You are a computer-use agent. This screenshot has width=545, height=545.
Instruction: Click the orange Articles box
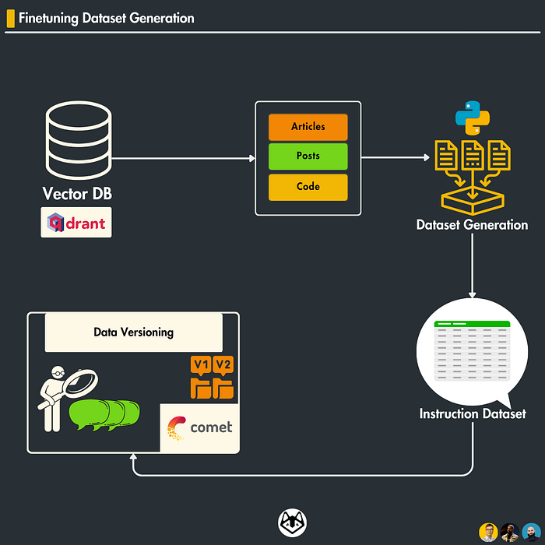pos(308,127)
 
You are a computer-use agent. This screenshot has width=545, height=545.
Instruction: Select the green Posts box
pos(308,156)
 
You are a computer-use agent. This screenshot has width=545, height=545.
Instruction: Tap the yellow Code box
pos(308,187)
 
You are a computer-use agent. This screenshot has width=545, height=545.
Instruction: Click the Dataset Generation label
pos(472,225)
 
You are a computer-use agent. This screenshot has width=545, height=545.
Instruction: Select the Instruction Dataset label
pos(473,413)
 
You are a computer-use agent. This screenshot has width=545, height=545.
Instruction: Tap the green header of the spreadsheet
pos(473,324)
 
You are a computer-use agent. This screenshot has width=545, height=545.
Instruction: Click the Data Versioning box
pos(133,332)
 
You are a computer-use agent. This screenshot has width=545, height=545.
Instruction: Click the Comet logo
pos(199,427)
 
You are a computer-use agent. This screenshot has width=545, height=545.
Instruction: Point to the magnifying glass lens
pos(80,385)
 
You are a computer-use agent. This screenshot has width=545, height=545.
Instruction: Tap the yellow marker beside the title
pos(10,18)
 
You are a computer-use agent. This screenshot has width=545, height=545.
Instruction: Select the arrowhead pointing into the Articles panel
pos(251,158)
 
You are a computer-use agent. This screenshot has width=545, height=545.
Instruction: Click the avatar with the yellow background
pos(488,533)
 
